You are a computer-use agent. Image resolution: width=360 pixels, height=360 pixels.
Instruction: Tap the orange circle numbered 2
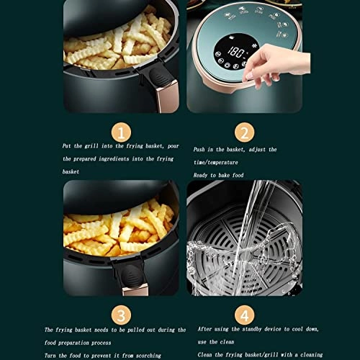244,132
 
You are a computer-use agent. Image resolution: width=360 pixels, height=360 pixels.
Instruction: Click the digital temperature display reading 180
235,53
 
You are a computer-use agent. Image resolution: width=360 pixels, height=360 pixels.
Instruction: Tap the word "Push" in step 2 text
202,149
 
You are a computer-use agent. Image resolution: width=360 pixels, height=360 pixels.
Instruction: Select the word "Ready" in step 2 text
202,175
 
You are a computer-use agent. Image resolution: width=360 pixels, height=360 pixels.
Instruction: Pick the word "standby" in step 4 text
254,329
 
